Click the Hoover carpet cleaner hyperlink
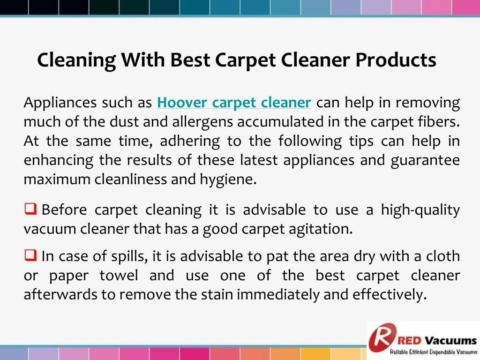point(234,102)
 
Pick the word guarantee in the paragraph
point(425,160)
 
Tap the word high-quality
point(420,210)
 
